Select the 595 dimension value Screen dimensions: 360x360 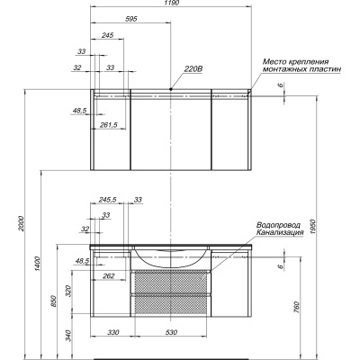[131, 19]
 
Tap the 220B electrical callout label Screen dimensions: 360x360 [193, 69]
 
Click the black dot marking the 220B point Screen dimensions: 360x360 [171, 89]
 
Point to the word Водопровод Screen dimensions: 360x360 [278, 225]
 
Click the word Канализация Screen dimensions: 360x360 [280, 232]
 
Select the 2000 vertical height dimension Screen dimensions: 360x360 [21, 223]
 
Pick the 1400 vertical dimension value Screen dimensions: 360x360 [37, 264]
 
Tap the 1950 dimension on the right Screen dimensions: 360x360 [312, 228]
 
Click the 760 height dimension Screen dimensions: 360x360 [296, 307]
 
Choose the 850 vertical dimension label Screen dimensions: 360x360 [53, 301]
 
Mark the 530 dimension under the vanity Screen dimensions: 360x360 [171, 332]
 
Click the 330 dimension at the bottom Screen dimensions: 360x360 [113, 332]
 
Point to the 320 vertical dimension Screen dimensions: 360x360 [69, 291]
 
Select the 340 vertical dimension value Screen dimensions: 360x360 [69, 336]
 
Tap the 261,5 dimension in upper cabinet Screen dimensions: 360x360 [109, 125]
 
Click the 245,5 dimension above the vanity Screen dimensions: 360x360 [108, 200]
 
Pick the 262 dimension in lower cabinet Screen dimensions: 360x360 [108, 276]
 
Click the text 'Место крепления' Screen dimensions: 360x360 [295, 62]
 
